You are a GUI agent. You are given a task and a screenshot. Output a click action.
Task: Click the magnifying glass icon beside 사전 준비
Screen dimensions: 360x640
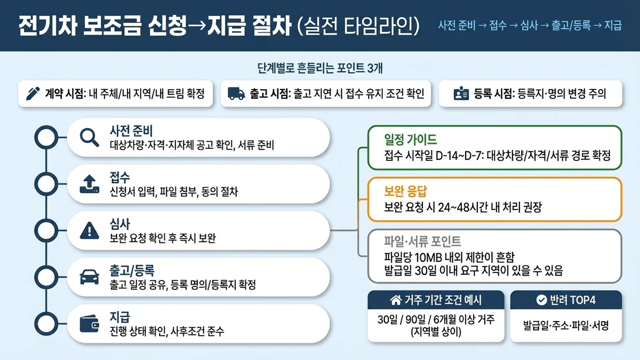[89, 138]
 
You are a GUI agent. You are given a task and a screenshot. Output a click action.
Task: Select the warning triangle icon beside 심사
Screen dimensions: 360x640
[89, 230]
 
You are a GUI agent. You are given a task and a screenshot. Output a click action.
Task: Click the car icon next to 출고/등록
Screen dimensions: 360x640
[89, 277]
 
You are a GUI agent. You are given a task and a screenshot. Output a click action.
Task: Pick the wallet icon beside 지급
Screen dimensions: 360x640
[89, 323]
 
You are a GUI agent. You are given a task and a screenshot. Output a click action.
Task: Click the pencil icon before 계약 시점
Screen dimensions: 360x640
[33, 94]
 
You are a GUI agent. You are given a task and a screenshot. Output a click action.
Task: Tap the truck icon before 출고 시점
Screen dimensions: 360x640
[236, 94]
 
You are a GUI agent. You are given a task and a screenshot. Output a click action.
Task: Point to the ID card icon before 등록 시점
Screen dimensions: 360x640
[460, 94]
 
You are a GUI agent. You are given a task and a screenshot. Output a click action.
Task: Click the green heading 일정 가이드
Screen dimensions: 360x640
[410, 140]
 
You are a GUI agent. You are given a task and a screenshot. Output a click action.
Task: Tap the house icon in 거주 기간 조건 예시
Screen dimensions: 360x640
[396, 300]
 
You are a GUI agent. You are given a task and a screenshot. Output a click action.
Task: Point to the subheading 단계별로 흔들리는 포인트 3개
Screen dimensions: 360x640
[320, 68]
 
